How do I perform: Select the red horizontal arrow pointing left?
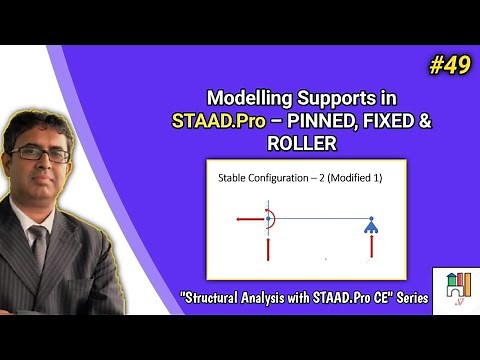tap(249, 217)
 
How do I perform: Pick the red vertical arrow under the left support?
tap(269, 245)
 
